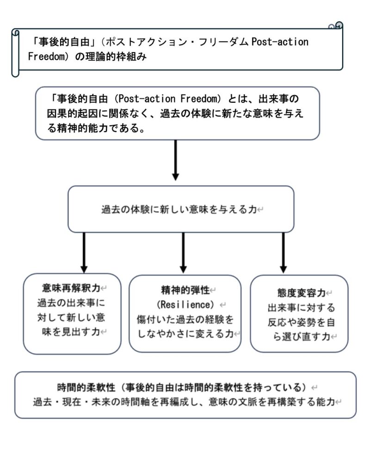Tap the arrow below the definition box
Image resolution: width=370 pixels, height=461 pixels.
(x=175, y=160)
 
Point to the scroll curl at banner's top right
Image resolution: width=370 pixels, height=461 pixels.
(x=337, y=26)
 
